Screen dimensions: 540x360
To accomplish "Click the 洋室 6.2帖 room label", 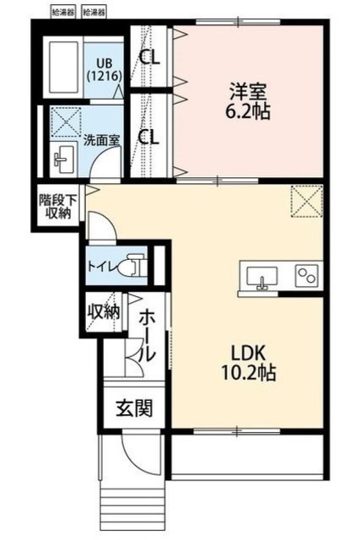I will tap(247, 100).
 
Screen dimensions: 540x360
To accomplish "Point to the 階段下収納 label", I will tap(56, 206).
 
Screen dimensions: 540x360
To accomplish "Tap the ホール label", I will tap(145, 337).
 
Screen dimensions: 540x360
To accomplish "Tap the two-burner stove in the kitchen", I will tap(304, 276).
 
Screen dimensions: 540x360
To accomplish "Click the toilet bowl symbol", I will tap(128, 267).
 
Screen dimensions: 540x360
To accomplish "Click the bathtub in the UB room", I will tap(62, 67).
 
